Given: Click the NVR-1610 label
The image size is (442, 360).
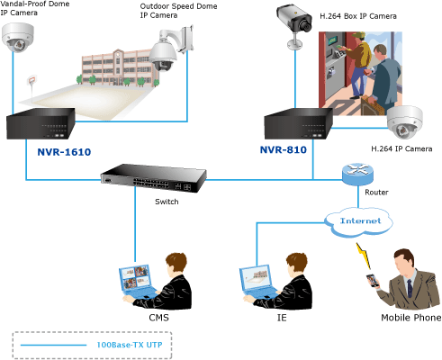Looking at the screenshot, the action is pyautogui.click(x=64, y=152).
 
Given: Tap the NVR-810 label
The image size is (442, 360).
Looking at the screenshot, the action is pyautogui.click(x=284, y=149).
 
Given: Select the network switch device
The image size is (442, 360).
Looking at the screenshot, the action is pyautogui.click(x=154, y=178).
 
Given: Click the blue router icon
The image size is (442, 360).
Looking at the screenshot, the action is pyautogui.click(x=357, y=175).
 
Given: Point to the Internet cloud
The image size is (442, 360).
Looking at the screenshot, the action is pyautogui.click(x=358, y=222).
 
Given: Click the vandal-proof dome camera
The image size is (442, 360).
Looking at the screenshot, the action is pyautogui.click(x=18, y=38).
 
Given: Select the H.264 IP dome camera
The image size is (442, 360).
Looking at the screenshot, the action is pyautogui.click(x=405, y=122).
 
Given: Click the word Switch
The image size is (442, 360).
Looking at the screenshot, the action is pyautogui.click(x=167, y=202).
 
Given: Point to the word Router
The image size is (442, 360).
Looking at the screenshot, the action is pyautogui.click(x=376, y=193).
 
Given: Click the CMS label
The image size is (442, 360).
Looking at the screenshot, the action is pyautogui.click(x=158, y=318).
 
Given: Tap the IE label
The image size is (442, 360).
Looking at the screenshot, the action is pyautogui.click(x=282, y=318).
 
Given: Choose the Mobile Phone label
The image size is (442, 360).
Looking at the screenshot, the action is pyautogui.click(x=411, y=318).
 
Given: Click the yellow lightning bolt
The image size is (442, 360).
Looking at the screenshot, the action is pyautogui.click(x=364, y=256).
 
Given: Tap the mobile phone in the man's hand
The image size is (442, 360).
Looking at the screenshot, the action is pyautogui.click(x=373, y=281).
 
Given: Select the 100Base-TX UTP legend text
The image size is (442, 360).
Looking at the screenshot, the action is pyautogui.click(x=130, y=345).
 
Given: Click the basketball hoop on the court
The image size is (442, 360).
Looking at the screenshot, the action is pyautogui.click(x=32, y=81).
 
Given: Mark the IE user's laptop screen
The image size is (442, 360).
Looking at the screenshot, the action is pyautogui.click(x=256, y=278).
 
